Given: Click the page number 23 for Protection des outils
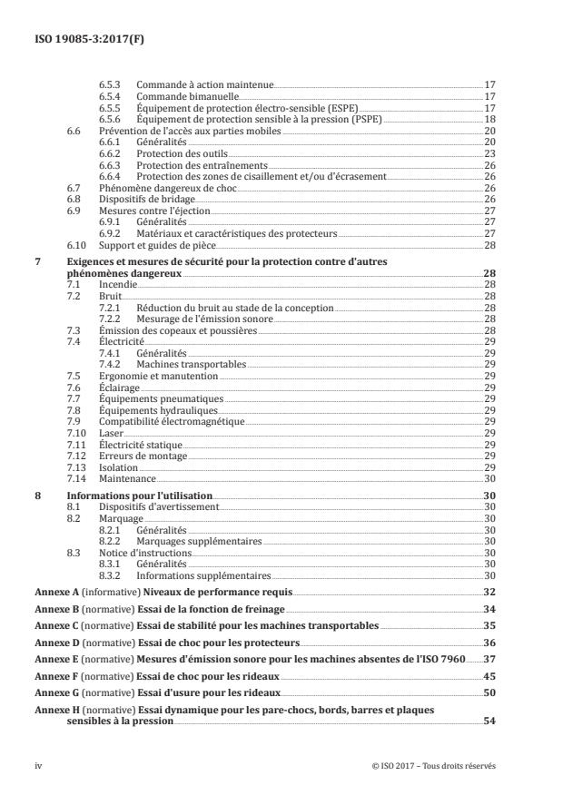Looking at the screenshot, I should click(489, 154).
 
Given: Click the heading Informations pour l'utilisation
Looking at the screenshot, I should click(140, 496).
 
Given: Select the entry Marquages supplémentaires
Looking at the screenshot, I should click(198, 541).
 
